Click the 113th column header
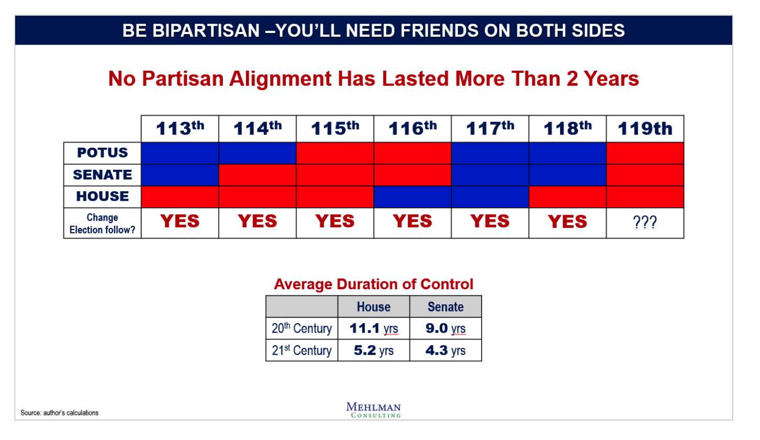point(180,128)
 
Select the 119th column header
point(645,129)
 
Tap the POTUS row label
point(103,153)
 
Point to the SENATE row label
point(103,174)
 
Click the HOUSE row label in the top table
point(103,196)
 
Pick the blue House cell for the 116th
point(412,197)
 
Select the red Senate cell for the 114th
point(258,175)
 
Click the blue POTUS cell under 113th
point(180,153)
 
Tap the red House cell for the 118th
point(567,197)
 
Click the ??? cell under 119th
point(645,223)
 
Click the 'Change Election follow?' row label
point(103,223)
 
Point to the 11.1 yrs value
point(374,328)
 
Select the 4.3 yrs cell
point(445,350)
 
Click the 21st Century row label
point(301,350)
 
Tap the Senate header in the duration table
point(445,307)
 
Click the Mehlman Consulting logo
point(374,410)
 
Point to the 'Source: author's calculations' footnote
point(59,413)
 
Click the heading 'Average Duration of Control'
point(374,284)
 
